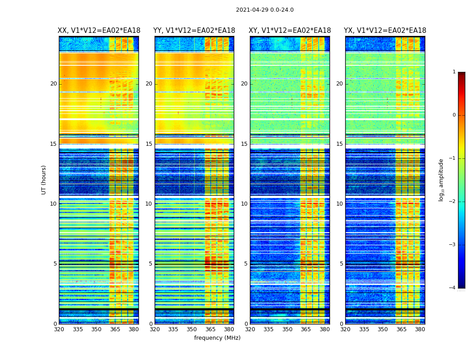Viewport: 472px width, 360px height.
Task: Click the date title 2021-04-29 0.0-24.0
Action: (x=265, y=10)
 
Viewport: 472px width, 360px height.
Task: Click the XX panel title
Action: (x=99, y=31)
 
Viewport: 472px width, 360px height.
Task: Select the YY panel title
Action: (x=194, y=31)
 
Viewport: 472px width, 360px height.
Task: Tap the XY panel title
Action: (x=290, y=31)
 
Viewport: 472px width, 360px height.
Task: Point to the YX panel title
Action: (x=385, y=31)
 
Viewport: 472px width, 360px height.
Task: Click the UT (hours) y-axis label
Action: (x=44, y=180)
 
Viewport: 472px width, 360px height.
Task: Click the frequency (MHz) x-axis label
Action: (x=217, y=338)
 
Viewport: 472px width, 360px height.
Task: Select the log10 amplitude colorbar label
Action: (x=441, y=180)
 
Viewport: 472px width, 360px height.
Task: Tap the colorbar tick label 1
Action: (x=454, y=72)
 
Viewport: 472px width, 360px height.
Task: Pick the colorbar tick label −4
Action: (x=453, y=288)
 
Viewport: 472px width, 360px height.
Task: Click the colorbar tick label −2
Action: (x=453, y=202)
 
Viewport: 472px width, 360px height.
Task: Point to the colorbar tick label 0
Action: (x=454, y=115)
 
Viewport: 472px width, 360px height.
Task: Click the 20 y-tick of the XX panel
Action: (x=53, y=84)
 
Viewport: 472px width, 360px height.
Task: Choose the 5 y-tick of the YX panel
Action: (x=341, y=264)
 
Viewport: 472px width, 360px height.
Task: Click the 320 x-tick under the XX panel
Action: (x=59, y=329)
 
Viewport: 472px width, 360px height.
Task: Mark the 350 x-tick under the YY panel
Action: (x=192, y=329)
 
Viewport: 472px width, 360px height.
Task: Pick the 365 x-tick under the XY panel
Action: (x=306, y=329)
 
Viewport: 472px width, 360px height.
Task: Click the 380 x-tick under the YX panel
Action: (x=420, y=329)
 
